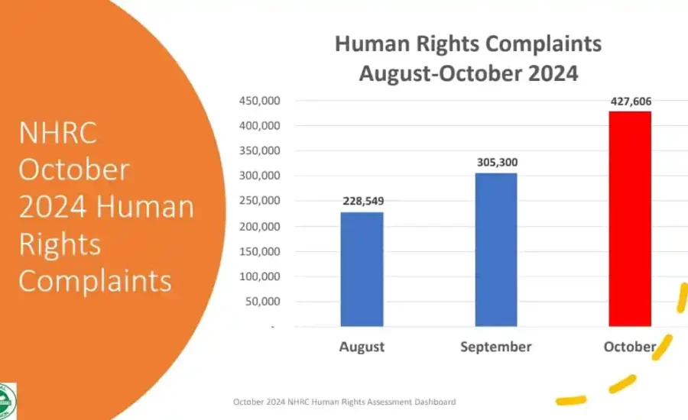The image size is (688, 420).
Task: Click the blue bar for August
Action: (362, 269)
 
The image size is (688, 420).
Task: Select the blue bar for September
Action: (495, 250)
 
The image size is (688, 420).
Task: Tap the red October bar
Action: (629, 219)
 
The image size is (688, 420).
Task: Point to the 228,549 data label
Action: (362, 201)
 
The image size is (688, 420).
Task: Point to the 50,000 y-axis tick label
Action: (264, 302)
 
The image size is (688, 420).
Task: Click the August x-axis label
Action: (362, 347)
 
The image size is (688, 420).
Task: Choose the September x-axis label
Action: (495, 347)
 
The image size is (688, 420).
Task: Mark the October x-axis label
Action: (629, 347)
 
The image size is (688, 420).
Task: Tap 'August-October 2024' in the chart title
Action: (468, 75)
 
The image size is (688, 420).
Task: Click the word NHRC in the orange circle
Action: (58, 134)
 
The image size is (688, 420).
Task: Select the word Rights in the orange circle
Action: (60, 244)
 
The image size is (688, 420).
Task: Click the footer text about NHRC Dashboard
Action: (345, 402)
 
